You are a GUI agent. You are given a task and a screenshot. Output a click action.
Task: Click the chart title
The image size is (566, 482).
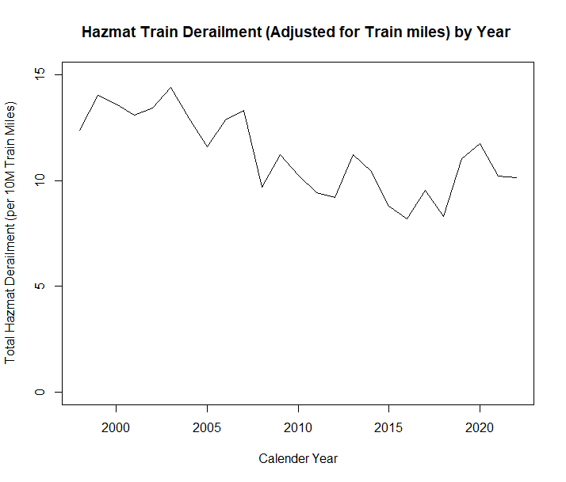coord(296,33)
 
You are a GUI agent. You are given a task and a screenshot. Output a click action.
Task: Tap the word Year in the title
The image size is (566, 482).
coord(492,33)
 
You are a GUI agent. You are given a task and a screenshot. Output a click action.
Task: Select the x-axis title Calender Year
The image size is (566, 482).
coord(298,458)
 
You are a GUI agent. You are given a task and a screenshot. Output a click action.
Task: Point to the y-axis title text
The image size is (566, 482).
coord(10,233)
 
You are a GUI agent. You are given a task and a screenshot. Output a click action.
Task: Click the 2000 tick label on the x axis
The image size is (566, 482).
coord(117,428)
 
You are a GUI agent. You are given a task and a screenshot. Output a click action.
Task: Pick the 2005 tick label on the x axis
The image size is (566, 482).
coord(207,428)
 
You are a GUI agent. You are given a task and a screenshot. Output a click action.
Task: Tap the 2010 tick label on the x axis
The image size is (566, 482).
coord(298,428)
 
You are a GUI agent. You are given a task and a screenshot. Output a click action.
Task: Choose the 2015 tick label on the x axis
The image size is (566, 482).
coord(388,428)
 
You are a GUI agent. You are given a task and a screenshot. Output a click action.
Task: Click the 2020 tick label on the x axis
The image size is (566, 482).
coord(480,428)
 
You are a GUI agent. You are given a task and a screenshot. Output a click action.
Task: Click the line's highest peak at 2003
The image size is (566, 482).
coord(170,87)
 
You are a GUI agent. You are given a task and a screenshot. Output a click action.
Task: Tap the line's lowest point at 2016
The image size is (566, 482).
coord(407,218)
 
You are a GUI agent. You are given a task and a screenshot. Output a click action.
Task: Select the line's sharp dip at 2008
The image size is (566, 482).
coord(262,187)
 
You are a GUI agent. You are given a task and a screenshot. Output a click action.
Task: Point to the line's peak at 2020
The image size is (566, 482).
coord(480,143)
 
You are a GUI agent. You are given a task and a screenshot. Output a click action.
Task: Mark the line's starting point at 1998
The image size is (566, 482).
coord(80,130)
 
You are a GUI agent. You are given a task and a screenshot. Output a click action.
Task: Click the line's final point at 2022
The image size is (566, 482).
coord(516,177)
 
